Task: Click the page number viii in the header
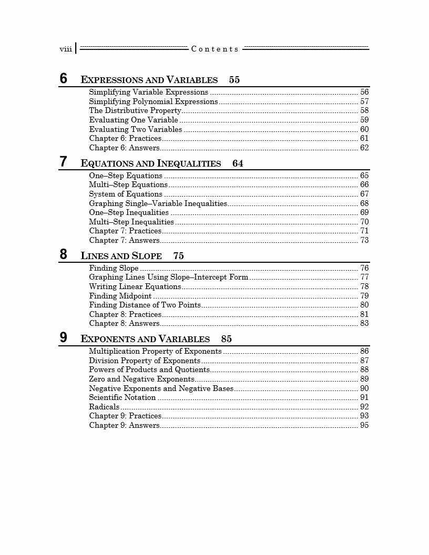click(x=66, y=49)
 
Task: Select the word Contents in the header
click(x=215, y=49)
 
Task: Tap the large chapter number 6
click(x=64, y=79)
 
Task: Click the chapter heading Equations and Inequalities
click(x=151, y=163)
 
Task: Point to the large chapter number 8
click(x=64, y=255)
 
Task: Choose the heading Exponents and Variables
click(x=145, y=339)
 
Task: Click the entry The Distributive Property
click(x=135, y=111)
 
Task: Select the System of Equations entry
click(x=126, y=194)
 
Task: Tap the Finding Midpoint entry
click(x=120, y=296)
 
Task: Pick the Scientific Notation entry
click(x=122, y=397)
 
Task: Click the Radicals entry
click(x=104, y=407)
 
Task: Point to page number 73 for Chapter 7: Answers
click(x=364, y=240)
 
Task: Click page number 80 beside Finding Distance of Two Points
click(x=364, y=305)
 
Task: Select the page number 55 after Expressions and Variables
click(x=234, y=80)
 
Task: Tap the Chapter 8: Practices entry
click(x=125, y=314)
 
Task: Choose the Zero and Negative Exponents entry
click(x=142, y=379)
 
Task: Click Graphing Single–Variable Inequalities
click(x=158, y=203)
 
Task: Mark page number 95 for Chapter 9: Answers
click(x=364, y=425)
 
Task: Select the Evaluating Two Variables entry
click(x=136, y=129)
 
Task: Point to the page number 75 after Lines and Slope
click(x=179, y=256)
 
